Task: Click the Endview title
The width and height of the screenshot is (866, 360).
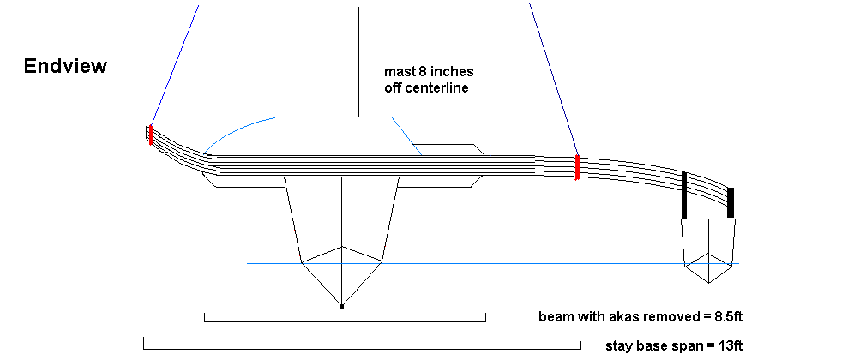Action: tap(65, 67)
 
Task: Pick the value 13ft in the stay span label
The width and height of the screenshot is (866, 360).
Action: tap(726, 345)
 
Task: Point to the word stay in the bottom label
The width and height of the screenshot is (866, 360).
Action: tap(619, 345)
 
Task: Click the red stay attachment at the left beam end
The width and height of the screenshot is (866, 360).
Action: tap(150, 135)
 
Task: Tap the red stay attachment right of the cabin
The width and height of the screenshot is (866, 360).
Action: tap(578, 167)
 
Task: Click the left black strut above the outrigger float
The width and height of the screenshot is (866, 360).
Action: tap(684, 195)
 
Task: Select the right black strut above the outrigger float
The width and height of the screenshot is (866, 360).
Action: tap(731, 203)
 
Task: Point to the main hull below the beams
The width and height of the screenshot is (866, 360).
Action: tap(342, 231)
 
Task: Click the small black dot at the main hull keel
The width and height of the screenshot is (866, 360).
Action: tap(342, 306)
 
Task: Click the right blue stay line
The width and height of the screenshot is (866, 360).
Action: tap(553, 77)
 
